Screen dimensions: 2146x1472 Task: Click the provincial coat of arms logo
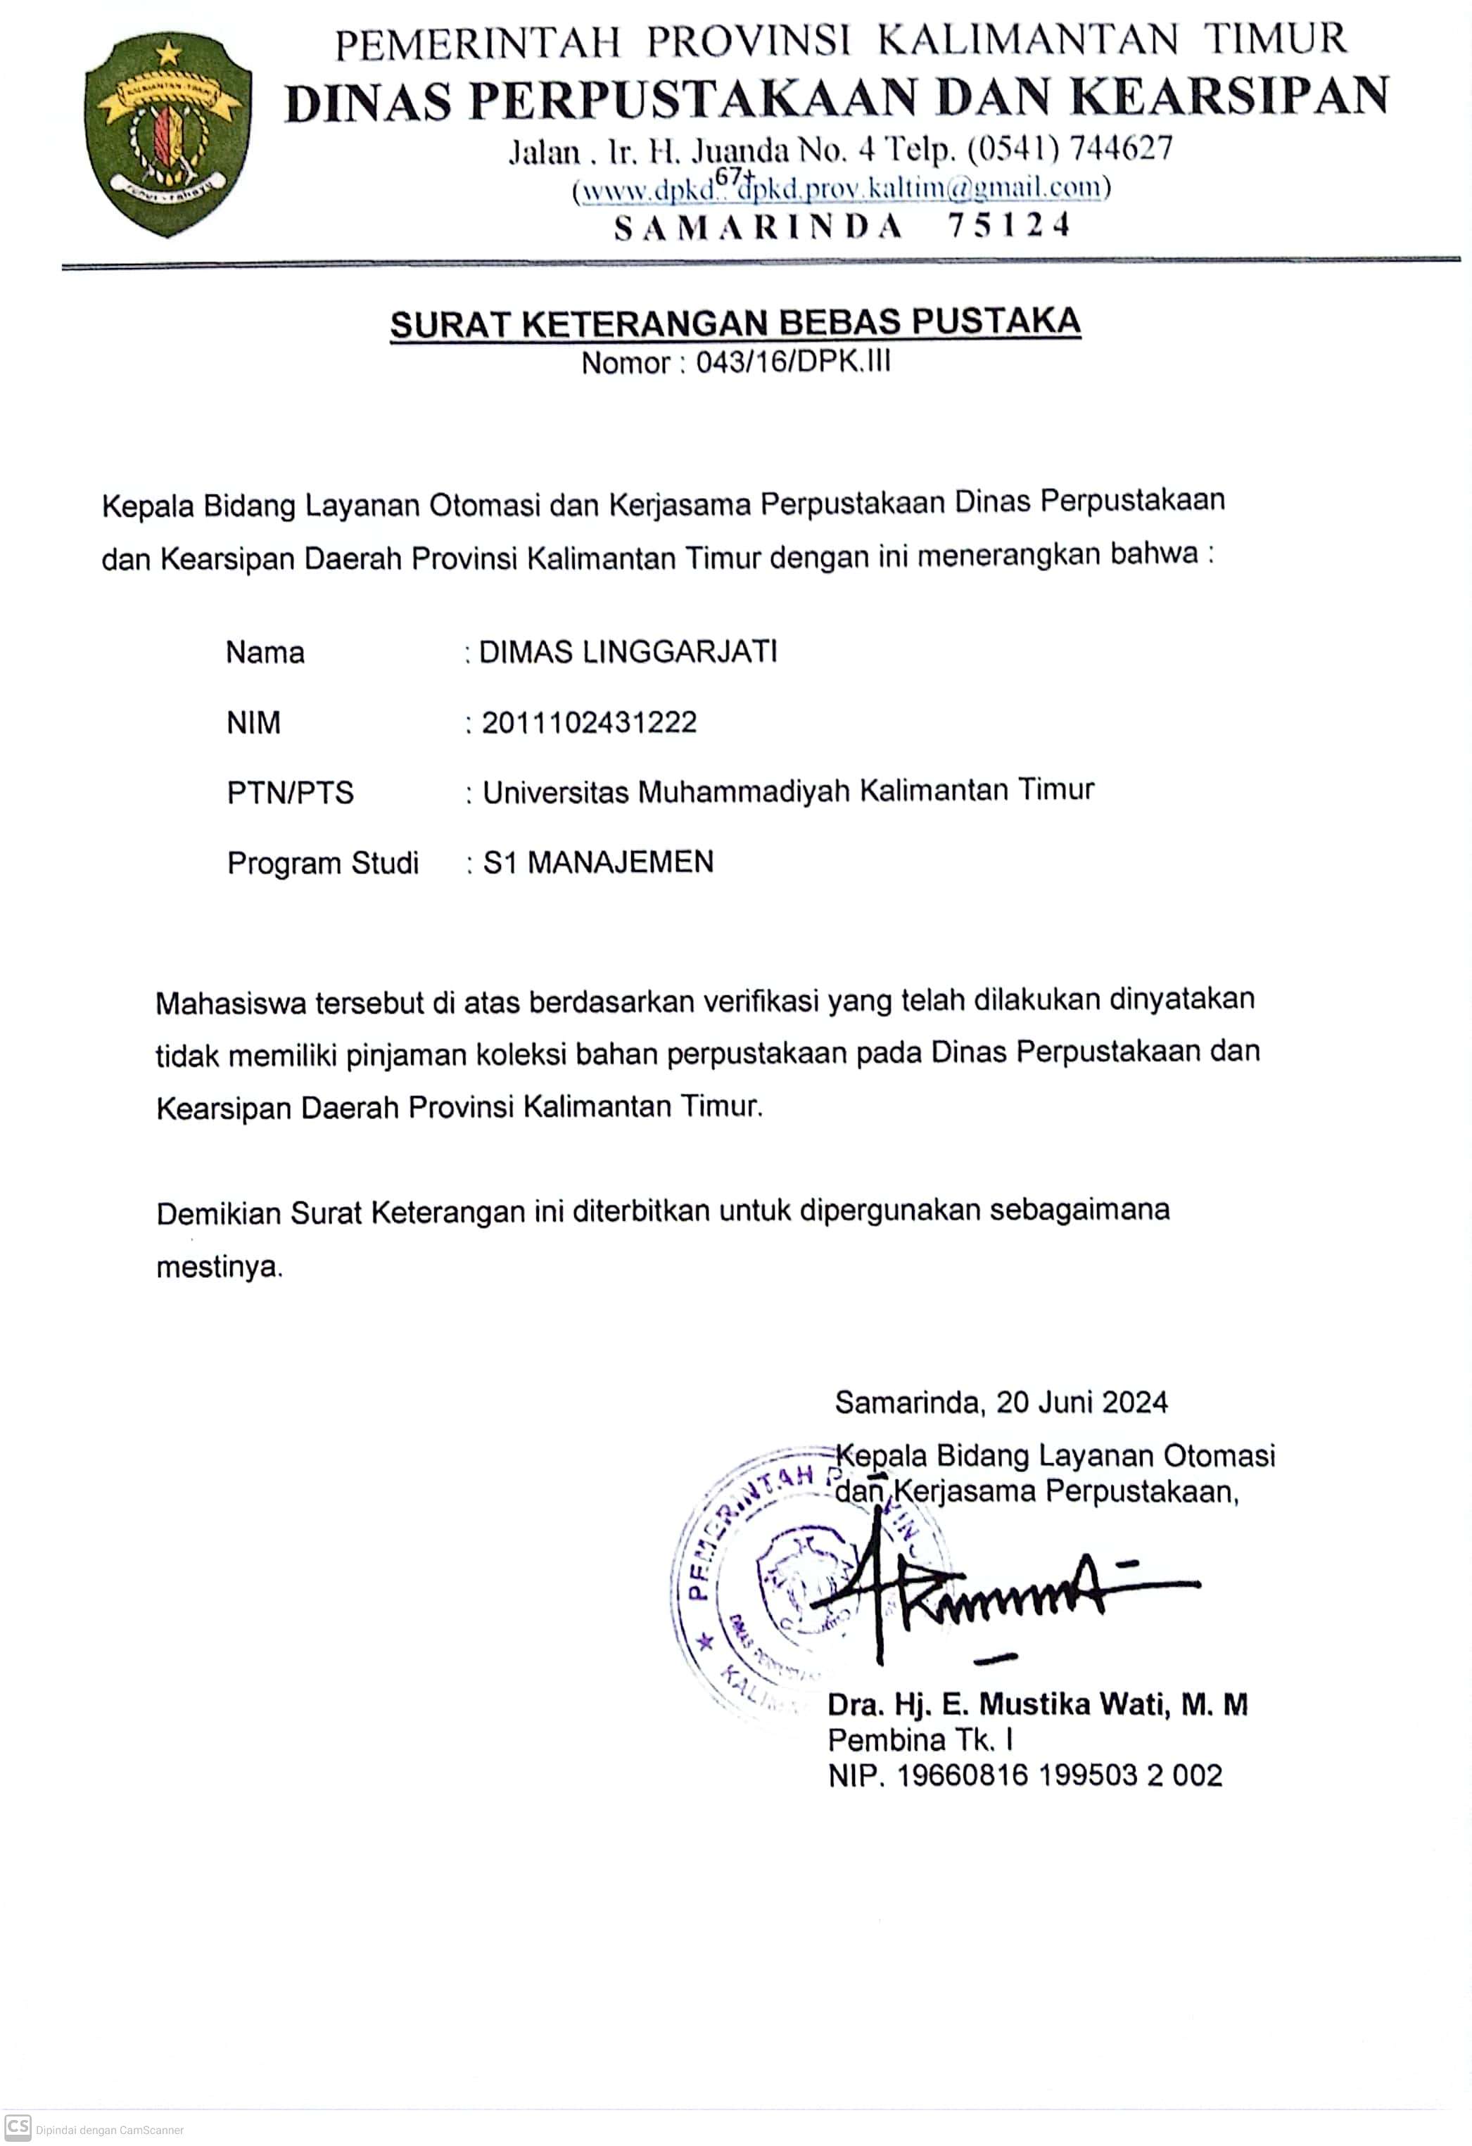tap(167, 136)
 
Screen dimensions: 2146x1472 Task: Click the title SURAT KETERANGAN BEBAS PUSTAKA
tap(735, 322)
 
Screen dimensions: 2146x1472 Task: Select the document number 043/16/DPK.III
tap(793, 363)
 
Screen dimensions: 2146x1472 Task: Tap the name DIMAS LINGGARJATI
tap(628, 652)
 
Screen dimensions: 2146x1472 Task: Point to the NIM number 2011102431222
tap(589, 722)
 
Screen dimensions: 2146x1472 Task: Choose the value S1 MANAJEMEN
tap(598, 862)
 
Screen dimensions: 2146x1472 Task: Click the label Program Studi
tap(323, 863)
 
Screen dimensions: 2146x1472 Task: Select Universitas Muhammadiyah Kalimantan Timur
tap(787, 791)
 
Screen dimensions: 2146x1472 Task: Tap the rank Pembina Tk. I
tap(920, 1741)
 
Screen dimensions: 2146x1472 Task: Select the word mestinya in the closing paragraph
tap(219, 1267)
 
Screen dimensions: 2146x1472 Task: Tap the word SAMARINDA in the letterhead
tap(758, 226)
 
